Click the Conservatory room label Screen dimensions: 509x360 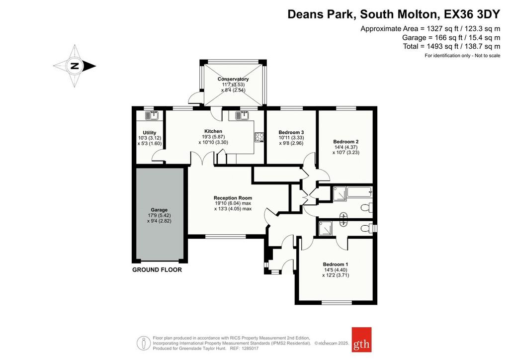pos(233,79)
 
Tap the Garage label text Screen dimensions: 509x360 pos(159,210)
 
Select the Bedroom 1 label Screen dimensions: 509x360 pos(336,264)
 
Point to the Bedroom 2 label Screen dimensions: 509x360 pos(346,142)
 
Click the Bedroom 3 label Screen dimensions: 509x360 pos(291,132)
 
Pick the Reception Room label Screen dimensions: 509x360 pos(233,198)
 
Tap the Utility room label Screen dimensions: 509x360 pos(149,132)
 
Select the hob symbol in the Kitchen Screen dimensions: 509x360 pos(259,137)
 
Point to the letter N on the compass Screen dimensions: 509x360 pos(75,66)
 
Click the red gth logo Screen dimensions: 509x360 pos(362,340)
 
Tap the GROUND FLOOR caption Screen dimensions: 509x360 pos(157,270)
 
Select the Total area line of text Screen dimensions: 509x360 pos(451,46)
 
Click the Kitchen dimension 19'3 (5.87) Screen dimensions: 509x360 pos(213,137)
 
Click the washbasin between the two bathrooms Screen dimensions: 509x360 pos(343,219)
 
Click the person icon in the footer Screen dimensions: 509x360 pos(144,343)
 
